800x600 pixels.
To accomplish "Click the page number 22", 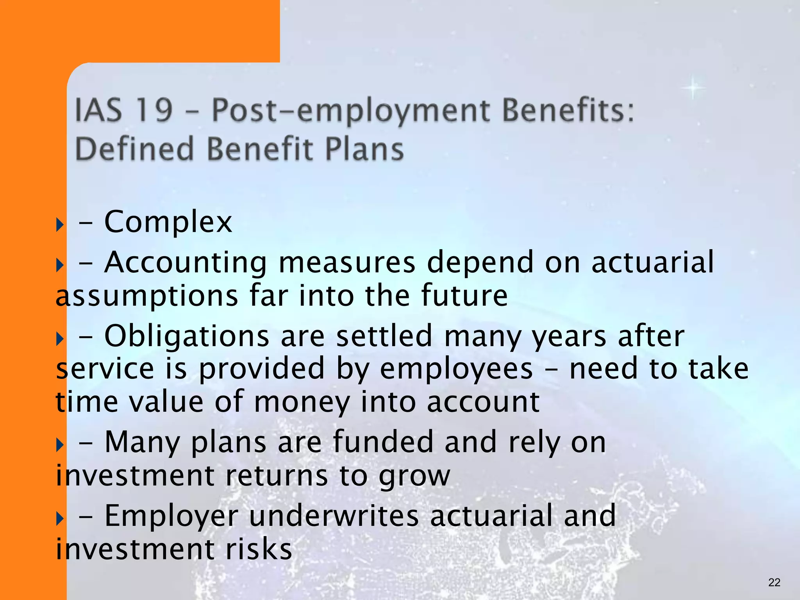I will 774,582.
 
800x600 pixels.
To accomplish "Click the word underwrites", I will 334,516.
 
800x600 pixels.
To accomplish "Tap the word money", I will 302,403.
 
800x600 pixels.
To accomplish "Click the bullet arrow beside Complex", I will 60,225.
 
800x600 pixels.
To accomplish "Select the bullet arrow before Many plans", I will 60,445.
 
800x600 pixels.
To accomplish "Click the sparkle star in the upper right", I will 693,87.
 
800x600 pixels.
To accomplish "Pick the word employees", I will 456,370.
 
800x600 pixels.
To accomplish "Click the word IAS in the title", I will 98,110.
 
